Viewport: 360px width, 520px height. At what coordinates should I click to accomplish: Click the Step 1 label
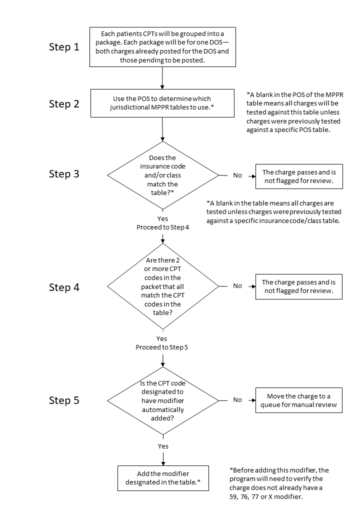tap(64, 47)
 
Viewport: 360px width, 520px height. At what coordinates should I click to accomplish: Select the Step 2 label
tap(64, 104)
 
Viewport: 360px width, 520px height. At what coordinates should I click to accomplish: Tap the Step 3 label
tap(64, 174)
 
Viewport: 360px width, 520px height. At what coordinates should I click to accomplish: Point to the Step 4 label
tap(64, 287)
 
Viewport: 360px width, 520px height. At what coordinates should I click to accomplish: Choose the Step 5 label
tap(64, 400)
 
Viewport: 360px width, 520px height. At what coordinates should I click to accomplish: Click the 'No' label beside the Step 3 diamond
tap(237, 175)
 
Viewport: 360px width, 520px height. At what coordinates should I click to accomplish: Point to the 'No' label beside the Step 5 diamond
tap(237, 400)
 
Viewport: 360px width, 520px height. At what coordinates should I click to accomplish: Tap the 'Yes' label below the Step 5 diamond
tap(163, 446)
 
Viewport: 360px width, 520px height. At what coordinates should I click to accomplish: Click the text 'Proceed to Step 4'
tap(163, 227)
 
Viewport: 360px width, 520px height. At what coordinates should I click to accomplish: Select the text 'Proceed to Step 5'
tap(162, 347)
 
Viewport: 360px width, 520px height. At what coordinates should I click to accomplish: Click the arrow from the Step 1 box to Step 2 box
tap(162, 78)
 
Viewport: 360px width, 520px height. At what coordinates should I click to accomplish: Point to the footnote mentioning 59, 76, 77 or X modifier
tap(279, 483)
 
